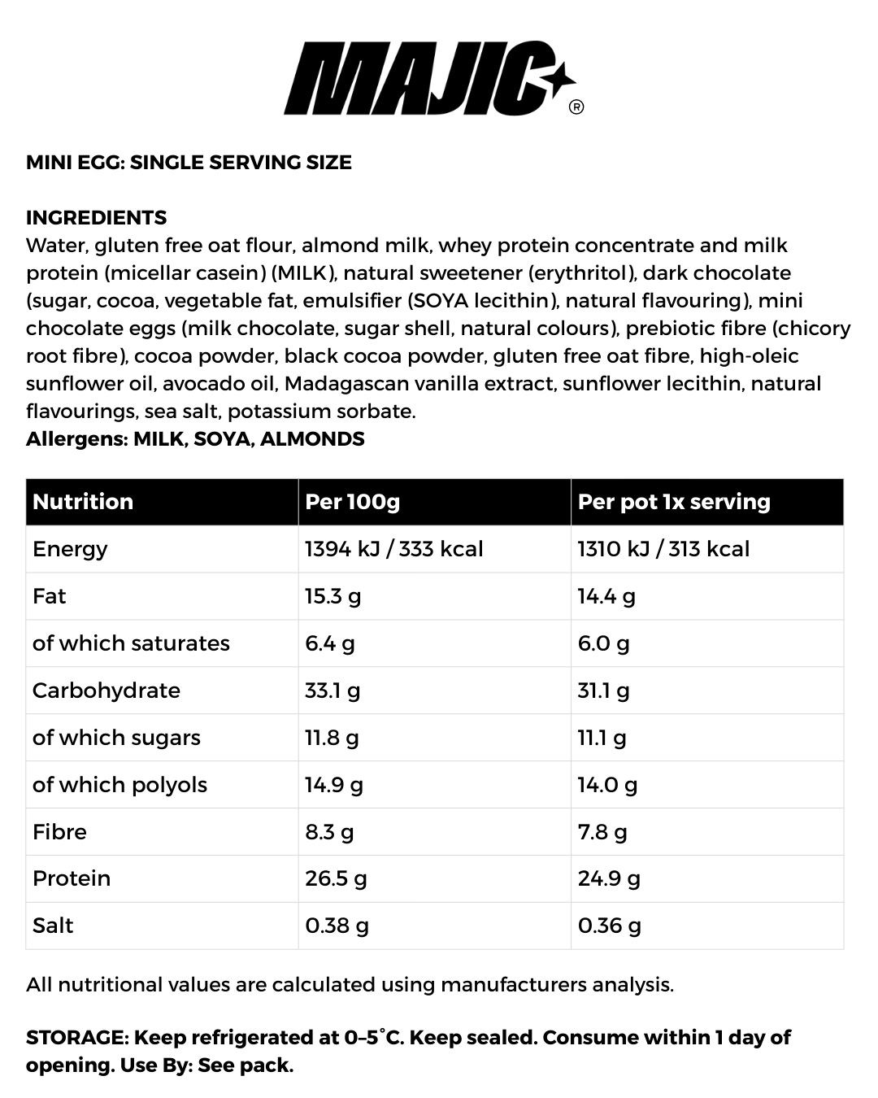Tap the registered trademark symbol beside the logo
coord(576,107)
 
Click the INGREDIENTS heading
coord(96,217)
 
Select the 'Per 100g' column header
coord(352,501)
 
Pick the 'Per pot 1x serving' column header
coord(673,501)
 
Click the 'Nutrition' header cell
coord(83,501)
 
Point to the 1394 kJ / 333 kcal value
coord(393,549)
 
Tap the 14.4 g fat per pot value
coord(606,596)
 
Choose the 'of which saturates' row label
coord(131,643)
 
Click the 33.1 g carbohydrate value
coord(333,691)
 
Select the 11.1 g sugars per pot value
coord(602,738)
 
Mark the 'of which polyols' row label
coord(120,785)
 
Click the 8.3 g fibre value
coord(329,832)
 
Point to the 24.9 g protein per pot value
coord(609,878)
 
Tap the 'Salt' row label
coord(53,926)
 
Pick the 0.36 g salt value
coord(609,926)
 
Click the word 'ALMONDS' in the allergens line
coord(312,439)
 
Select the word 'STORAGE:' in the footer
coord(77,1038)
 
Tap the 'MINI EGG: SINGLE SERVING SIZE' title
coord(189,162)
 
